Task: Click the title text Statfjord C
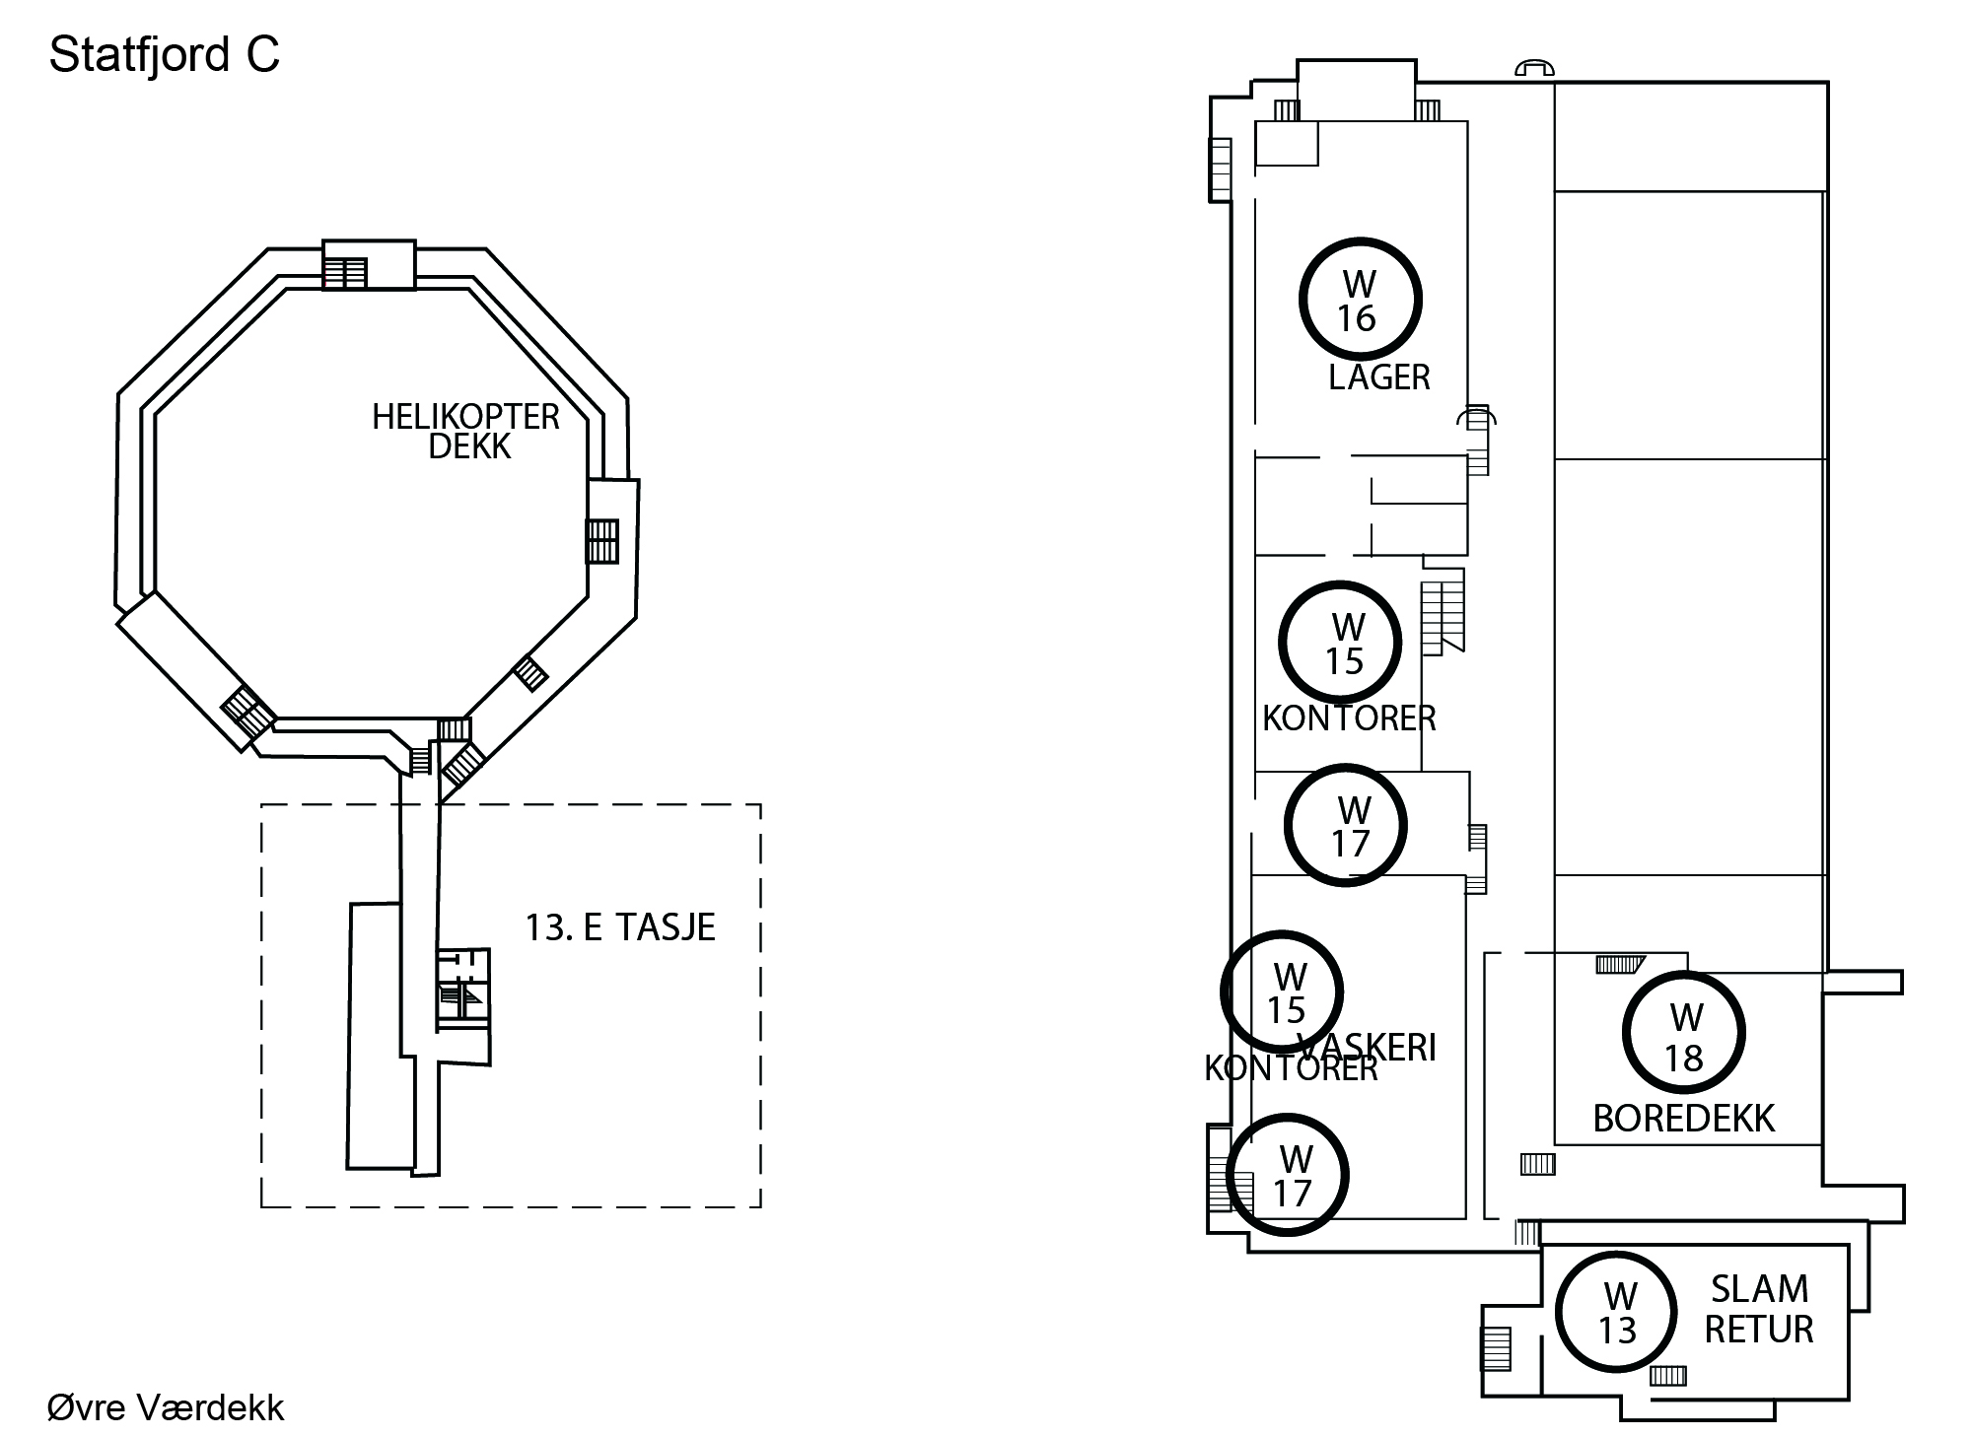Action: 165,55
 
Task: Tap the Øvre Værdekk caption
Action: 166,1407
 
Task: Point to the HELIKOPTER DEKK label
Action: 466,432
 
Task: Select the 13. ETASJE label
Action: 620,927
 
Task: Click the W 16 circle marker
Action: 1360,300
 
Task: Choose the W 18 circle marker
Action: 1684,1033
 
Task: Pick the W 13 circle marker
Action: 1617,1312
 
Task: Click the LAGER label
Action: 1378,377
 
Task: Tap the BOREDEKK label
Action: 1684,1119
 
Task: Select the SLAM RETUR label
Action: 1759,1309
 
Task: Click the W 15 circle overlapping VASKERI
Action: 1282,992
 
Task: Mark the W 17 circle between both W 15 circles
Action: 1346,826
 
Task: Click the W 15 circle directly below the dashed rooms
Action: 1341,643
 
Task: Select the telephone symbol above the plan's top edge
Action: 1534,67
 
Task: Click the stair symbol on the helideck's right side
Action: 602,541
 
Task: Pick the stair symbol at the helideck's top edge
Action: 346,272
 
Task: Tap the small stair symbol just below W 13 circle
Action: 1667,1375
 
